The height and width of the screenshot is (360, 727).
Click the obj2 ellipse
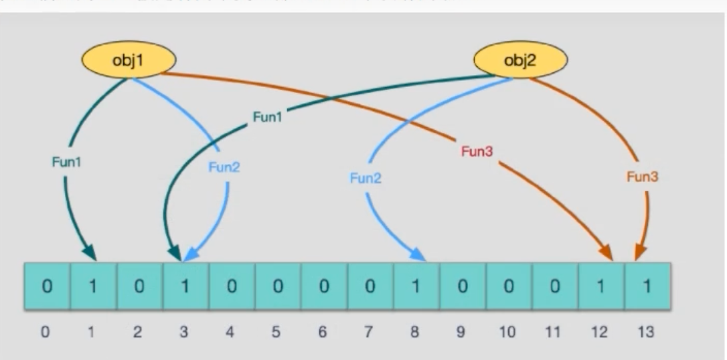point(520,61)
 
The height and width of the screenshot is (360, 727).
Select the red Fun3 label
point(477,152)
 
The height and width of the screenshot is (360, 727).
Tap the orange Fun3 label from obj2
point(641,177)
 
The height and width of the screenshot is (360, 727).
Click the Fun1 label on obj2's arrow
point(267,117)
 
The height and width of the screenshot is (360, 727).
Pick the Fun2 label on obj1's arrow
point(223,167)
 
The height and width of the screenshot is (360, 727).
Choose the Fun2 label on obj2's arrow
point(364,178)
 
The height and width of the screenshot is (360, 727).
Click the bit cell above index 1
point(93,286)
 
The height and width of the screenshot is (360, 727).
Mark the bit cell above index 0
point(47,286)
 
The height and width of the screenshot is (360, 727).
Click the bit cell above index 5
point(278,286)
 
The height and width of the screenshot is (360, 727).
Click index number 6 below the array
point(324,331)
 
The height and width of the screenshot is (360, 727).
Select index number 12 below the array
point(601,331)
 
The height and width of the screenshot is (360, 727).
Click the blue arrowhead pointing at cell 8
point(418,254)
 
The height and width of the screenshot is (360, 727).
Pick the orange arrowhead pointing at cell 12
point(607,254)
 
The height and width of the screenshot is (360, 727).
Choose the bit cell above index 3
point(185,286)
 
